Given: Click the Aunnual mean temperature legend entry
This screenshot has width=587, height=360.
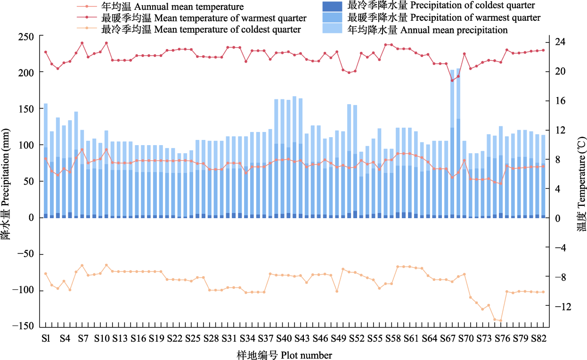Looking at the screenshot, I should point(172,7).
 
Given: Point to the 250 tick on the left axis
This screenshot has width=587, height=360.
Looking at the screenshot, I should point(26,36).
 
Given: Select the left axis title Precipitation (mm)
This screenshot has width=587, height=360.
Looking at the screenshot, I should point(7,181).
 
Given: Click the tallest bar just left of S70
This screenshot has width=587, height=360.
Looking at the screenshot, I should point(458,141).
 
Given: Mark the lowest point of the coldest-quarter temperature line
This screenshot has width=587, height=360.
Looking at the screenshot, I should point(501,320).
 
